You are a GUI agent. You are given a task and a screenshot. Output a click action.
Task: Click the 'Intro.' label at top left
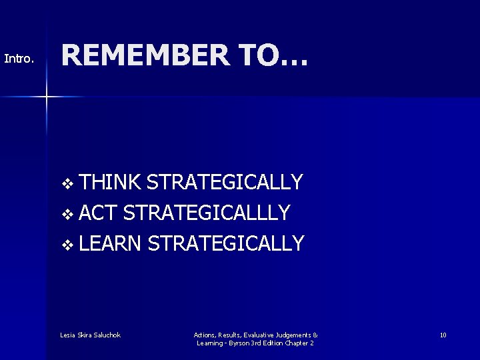(x=19, y=59)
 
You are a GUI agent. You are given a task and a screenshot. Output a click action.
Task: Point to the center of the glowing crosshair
(x=47, y=97)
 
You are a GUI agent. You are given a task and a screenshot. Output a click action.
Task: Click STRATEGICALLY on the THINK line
(x=225, y=181)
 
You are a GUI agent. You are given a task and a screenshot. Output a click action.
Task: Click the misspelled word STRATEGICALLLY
(x=207, y=213)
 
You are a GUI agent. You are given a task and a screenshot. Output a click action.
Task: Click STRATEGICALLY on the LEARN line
(x=226, y=243)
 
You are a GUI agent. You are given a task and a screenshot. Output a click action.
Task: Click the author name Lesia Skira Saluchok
(x=90, y=335)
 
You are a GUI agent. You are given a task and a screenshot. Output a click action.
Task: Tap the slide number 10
(x=443, y=335)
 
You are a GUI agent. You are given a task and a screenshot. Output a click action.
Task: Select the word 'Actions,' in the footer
(x=205, y=335)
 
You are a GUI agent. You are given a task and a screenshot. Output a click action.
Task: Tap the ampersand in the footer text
(x=315, y=335)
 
